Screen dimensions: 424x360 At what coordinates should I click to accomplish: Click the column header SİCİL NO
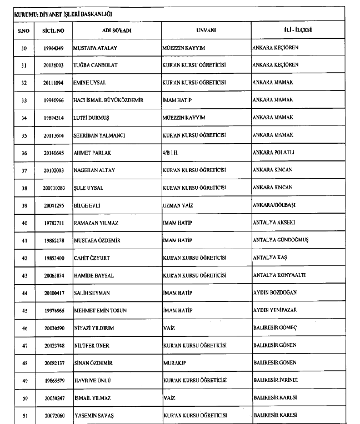pyautogui.click(x=53, y=30)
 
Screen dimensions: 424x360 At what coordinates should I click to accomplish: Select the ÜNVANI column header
pyautogui.click(x=206, y=30)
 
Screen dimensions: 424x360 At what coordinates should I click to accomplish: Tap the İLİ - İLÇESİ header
pyautogui.click(x=293, y=30)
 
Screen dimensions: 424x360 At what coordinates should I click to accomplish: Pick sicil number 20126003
pyautogui.click(x=53, y=65)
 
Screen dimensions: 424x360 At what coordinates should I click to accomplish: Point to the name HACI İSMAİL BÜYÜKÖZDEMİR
pyautogui.click(x=108, y=100)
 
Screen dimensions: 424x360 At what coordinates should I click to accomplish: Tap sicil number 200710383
pyautogui.click(x=53, y=188)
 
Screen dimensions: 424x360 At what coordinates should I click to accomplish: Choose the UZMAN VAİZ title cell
pyautogui.click(x=177, y=205)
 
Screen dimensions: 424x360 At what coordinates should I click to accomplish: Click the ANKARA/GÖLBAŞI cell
pyautogui.click(x=276, y=205)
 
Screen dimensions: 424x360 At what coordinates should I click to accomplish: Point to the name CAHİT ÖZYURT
pyautogui.click(x=93, y=258)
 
